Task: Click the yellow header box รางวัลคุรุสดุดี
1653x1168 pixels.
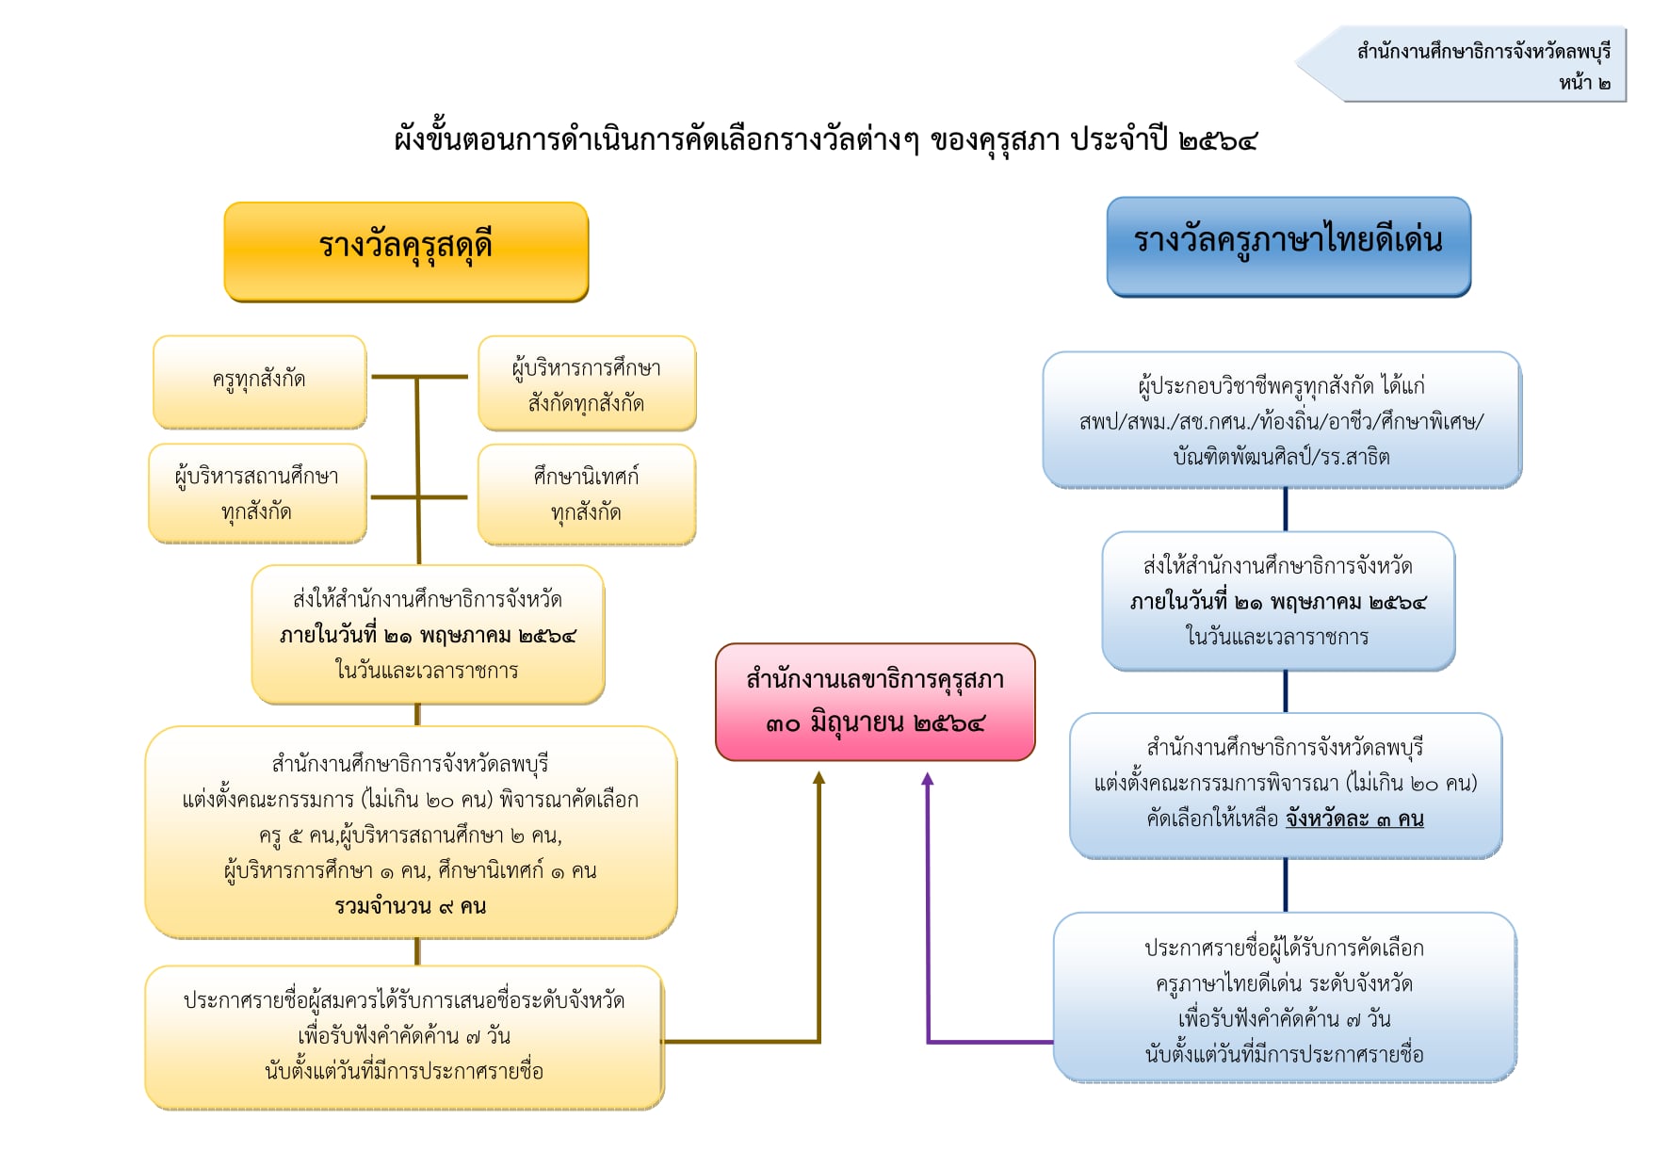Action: (x=406, y=251)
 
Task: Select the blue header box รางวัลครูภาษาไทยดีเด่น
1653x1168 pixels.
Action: (x=1288, y=247)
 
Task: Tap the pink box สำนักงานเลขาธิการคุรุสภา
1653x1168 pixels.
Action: (x=875, y=702)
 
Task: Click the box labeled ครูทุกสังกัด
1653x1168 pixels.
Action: (x=259, y=381)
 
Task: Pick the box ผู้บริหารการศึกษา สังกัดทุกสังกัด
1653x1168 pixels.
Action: (x=587, y=383)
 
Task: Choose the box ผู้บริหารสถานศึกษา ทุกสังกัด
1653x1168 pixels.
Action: (x=257, y=494)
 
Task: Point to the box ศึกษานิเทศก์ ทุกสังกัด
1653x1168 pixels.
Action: (x=587, y=495)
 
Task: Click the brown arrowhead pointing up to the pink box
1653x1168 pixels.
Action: (x=819, y=778)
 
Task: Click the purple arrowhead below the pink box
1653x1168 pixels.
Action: (x=928, y=779)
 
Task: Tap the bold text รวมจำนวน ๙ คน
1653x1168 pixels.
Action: (x=411, y=906)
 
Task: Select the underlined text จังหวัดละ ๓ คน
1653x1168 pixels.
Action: (x=1354, y=819)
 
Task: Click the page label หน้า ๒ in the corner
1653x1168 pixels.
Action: (x=1584, y=83)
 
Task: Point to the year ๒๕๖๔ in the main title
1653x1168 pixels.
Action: (x=1218, y=140)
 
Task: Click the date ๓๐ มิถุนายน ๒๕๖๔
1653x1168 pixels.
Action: (x=875, y=723)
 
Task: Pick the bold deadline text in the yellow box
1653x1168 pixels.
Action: (x=428, y=636)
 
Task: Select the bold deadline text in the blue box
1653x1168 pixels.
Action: (x=1278, y=602)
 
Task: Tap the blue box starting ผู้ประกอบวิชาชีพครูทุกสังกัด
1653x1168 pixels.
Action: (x=1282, y=420)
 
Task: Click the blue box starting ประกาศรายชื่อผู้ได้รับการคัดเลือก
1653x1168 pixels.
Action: (x=1285, y=998)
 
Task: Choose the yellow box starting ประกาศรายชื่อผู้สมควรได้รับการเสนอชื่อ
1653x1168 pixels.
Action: (x=405, y=1037)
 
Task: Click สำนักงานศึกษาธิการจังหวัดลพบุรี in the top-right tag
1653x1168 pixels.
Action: (x=1483, y=51)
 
